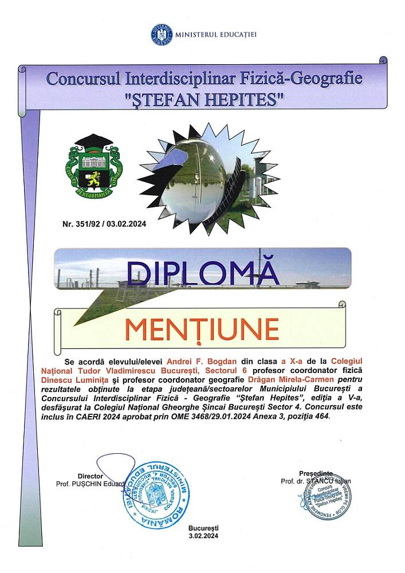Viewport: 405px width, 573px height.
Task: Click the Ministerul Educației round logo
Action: click(161, 34)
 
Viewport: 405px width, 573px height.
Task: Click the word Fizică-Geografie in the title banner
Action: click(303, 78)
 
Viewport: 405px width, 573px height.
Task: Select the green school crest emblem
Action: click(94, 167)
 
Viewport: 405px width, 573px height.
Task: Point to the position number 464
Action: click(321, 417)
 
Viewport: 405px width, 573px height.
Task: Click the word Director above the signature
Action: click(90, 476)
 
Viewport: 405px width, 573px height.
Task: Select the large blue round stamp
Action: click(155, 493)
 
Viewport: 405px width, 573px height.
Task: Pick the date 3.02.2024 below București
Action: click(203, 536)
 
